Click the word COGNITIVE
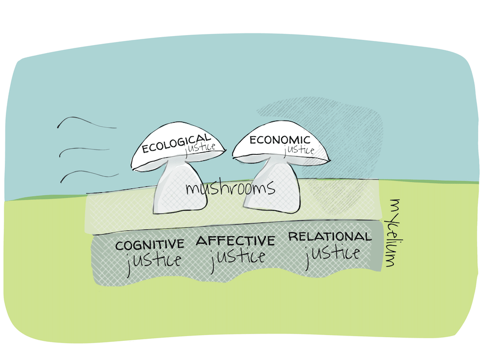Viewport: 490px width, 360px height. pos(150,245)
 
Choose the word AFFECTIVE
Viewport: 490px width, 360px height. pos(235,241)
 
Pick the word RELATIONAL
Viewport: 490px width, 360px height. pos(330,236)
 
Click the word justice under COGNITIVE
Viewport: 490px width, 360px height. pos(154,260)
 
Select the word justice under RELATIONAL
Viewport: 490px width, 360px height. pos(332,253)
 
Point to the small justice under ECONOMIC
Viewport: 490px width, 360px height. pos(299,150)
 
